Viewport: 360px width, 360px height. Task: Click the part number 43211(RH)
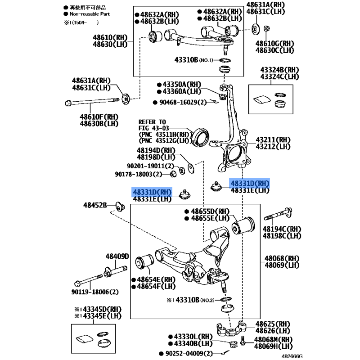pyautogui.click(x=273, y=140)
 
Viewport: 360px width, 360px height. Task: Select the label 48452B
pyautogui.click(x=95, y=205)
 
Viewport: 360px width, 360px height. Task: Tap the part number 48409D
pyautogui.click(x=117, y=256)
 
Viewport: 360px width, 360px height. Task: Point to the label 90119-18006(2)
pyautogui.click(x=95, y=292)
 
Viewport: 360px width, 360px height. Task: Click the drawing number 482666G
pyautogui.click(x=292, y=356)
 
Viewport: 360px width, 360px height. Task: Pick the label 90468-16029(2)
pyautogui.click(x=183, y=102)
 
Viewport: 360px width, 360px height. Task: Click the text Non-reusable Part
pyautogui.click(x=90, y=14)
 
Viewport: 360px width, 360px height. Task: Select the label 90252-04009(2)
pyautogui.click(x=189, y=354)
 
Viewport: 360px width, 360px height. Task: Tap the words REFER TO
pyautogui.click(x=152, y=122)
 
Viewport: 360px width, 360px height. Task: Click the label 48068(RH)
pyautogui.click(x=282, y=258)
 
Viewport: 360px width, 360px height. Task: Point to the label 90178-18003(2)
pyautogui.click(x=139, y=174)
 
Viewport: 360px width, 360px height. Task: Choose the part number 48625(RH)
pyautogui.click(x=273, y=324)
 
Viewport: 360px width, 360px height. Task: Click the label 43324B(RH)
pyautogui.click(x=279, y=70)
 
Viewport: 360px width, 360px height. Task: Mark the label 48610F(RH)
pyautogui.click(x=99, y=117)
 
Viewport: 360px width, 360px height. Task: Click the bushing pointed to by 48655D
pyautogui.click(x=243, y=225)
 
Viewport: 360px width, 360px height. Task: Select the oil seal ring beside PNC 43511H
pyautogui.click(x=200, y=137)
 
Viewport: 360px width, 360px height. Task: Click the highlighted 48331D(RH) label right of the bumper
pyautogui.click(x=250, y=184)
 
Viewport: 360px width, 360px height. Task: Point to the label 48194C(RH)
pyautogui.click(x=282, y=229)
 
